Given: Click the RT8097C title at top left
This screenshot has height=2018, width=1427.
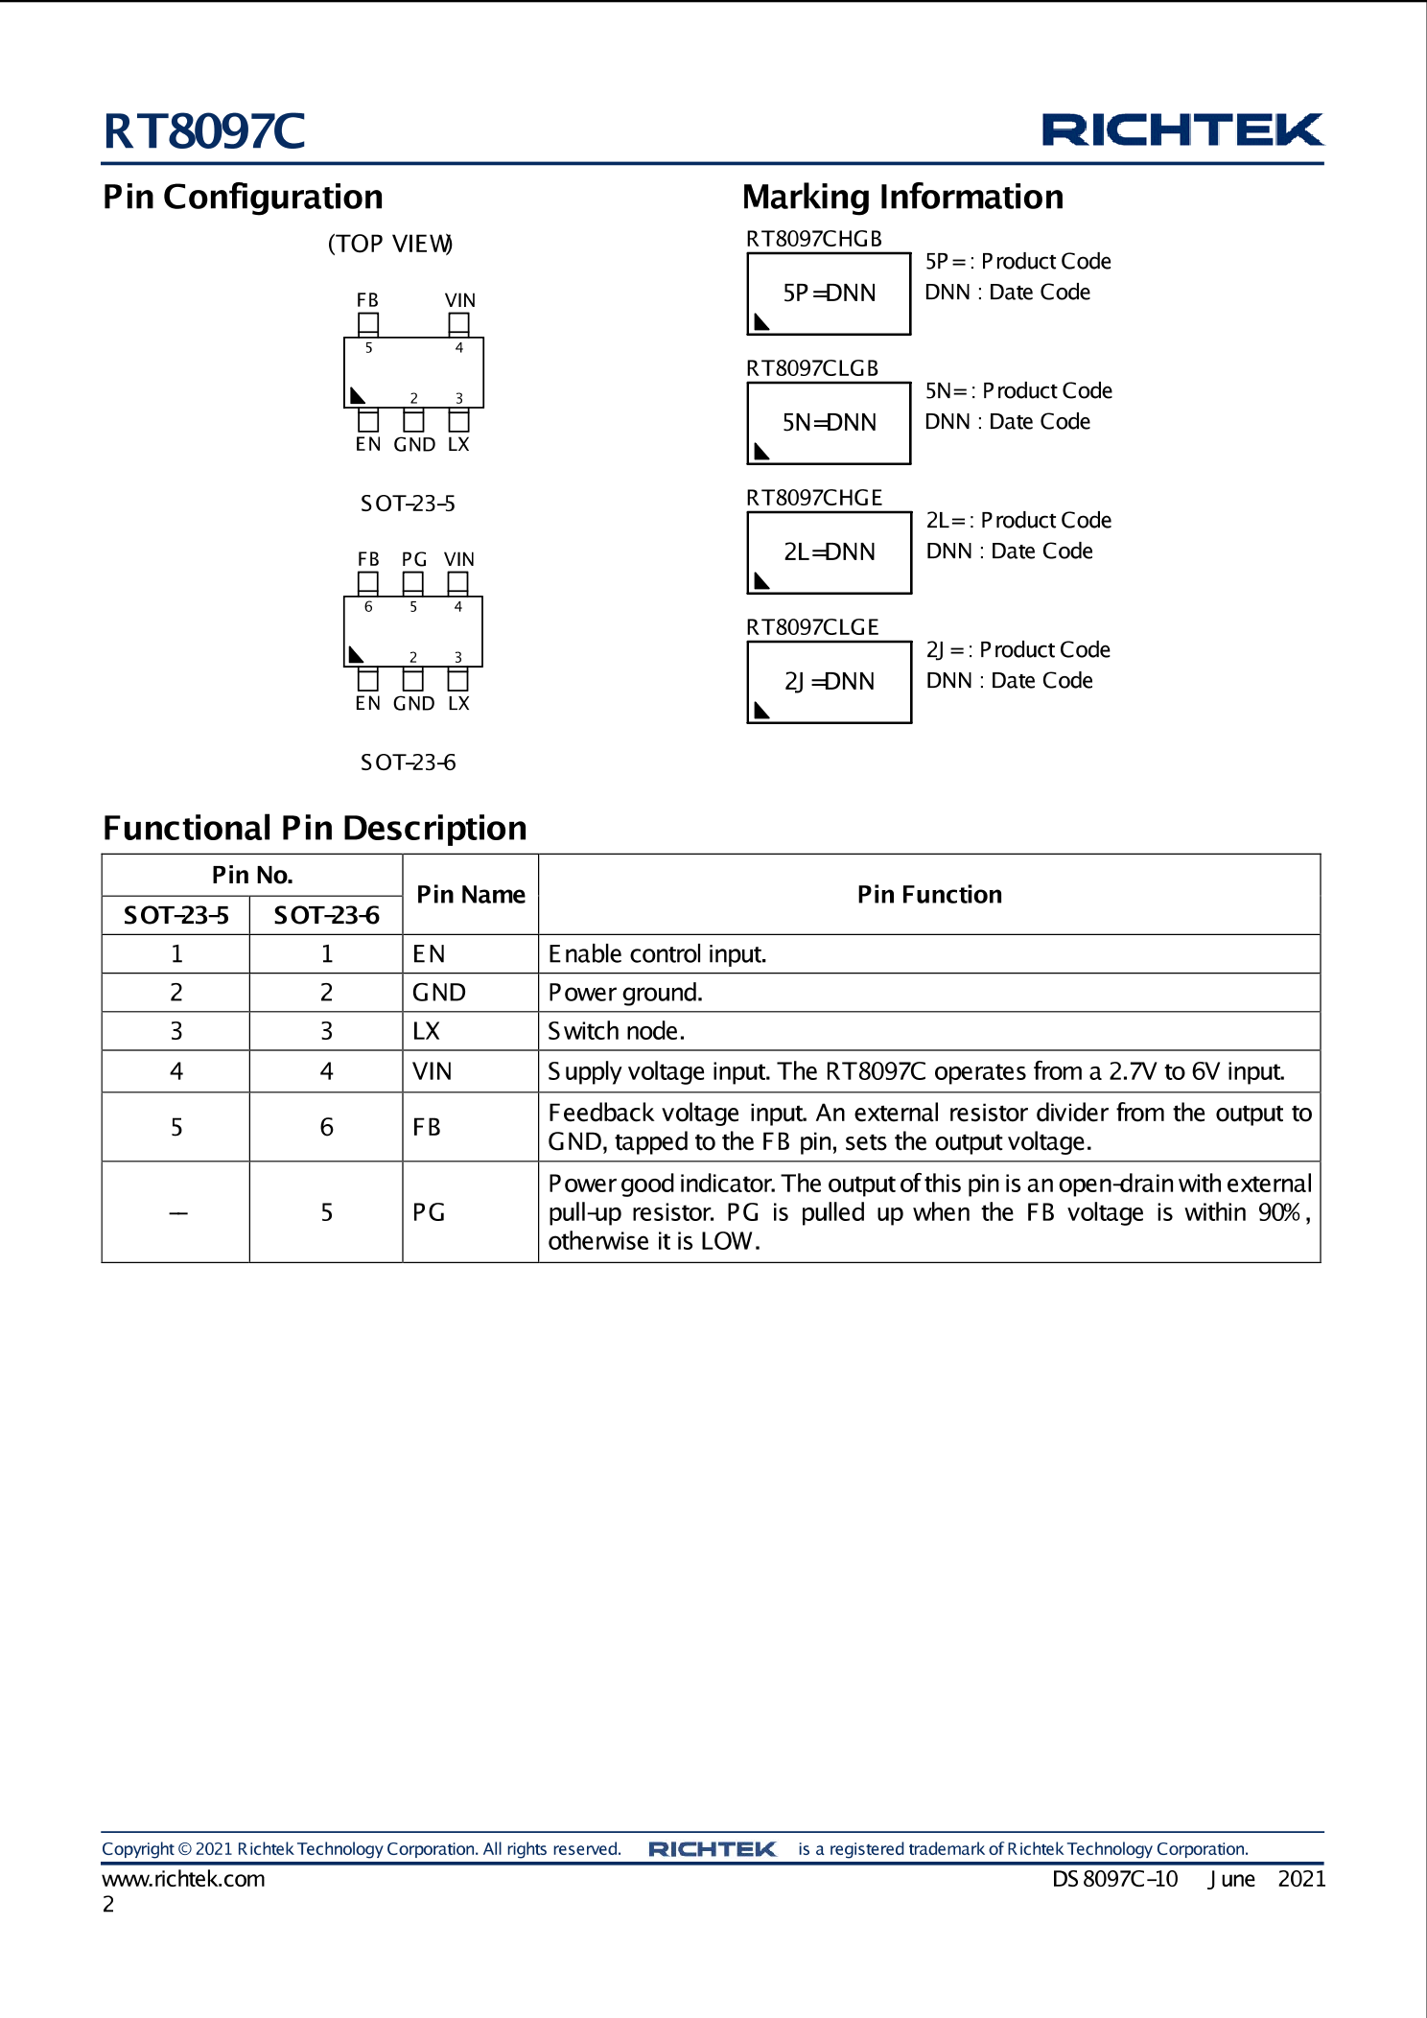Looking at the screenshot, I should pos(204,131).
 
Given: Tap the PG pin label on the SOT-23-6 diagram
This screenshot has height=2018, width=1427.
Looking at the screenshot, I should pos(413,559).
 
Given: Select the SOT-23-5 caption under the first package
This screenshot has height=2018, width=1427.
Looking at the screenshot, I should pos(408,504).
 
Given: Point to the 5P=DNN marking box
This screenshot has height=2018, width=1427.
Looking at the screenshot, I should pos(829,293).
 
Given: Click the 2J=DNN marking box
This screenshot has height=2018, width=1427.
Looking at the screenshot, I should pos(829,682).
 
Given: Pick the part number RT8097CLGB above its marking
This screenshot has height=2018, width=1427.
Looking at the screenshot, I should pos(812,368).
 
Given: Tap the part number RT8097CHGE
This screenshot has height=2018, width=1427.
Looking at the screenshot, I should pos(814,498).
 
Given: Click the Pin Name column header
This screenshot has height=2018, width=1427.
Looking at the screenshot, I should pos(471,895).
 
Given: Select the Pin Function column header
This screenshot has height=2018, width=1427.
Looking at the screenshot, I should pos(929,895).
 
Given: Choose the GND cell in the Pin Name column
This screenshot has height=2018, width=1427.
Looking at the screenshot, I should pos(439,993).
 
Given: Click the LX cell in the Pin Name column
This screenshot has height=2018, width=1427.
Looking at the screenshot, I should pos(427,1031).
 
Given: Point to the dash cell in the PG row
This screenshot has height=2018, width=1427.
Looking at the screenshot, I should pos(177,1213).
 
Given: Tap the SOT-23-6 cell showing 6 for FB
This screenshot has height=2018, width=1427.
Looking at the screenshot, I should pos(327,1127).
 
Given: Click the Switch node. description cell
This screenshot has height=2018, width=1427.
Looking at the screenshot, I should pos(617,1031).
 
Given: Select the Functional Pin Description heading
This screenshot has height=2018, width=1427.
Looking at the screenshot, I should pos(315,828).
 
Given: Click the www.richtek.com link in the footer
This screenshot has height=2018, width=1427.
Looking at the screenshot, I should pos(183,1879).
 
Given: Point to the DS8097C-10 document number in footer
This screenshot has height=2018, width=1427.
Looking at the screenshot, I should pos(1114,1879).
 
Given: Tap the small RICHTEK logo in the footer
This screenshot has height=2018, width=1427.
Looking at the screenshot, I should pos(712,1849).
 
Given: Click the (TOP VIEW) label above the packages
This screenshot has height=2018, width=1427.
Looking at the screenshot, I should pos(390,244).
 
